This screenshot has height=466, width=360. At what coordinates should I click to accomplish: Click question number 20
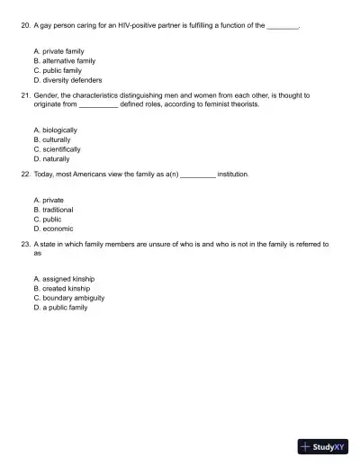tap(24, 26)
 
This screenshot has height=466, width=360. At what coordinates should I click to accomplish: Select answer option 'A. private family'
tap(58, 51)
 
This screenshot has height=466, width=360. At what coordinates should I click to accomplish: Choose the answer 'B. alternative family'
tap(63, 60)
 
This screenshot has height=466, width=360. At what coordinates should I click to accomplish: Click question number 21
tap(24, 94)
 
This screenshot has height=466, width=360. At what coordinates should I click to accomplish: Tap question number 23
tap(24, 244)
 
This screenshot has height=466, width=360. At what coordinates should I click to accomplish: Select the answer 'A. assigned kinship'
tap(63, 279)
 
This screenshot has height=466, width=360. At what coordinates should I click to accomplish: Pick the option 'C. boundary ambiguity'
tap(68, 298)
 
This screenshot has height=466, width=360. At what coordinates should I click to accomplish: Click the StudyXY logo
tap(323, 446)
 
